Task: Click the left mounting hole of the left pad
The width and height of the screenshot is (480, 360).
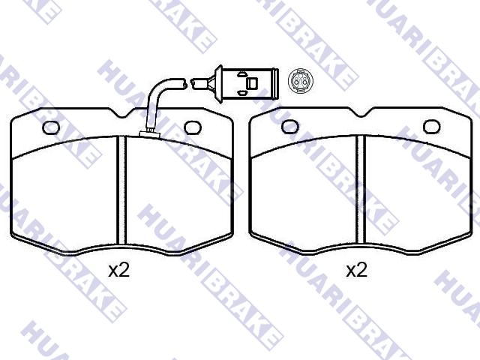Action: pos(51,127)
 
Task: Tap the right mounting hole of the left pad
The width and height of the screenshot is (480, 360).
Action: pos(193,127)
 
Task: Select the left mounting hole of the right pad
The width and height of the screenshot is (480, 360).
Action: pos(290,127)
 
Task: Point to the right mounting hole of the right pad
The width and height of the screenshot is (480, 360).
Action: pos(432,127)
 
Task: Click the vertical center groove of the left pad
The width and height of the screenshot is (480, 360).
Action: pos(121,190)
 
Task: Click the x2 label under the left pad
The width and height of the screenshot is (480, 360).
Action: pos(119,271)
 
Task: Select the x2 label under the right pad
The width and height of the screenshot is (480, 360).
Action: pos(356,271)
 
